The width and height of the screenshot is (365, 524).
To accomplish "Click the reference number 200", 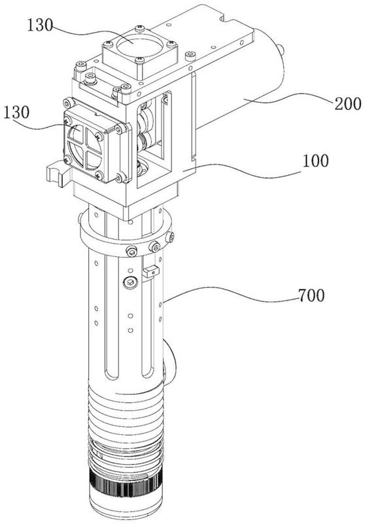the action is pyautogui.click(x=348, y=104).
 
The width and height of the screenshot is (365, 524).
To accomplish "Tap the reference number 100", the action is pyautogui.click(x=315, y=160).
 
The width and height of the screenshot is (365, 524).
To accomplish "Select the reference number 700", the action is pyautogui.click(x=311, y=295).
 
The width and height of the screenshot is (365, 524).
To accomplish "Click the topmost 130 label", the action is pyautogui.click(x=40, y=25).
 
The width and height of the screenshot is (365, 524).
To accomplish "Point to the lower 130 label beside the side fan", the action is pyautogui.click(x=16, y=113).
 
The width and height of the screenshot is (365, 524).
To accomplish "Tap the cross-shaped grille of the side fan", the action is pyautogui.click(x=85, y=146).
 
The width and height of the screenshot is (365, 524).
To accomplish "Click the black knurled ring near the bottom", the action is pyautogui.click(x=126, y=485).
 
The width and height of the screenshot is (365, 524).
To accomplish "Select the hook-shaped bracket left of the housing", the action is pyautogui.click(x=55, y=174).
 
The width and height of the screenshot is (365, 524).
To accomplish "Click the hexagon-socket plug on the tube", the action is pyautogui.click(x=130, y=283).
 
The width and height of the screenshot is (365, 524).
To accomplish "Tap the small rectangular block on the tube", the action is pyautogui.click(x=150, y=271).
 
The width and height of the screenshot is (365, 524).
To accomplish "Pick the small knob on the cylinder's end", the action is pyautogui.click(x=282, y=50).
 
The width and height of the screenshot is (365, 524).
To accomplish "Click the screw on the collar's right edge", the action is pyautogui.click(x=170, y=237).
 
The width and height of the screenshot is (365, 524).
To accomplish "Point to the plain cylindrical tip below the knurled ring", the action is pyautogui.click(x=126, y=509).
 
